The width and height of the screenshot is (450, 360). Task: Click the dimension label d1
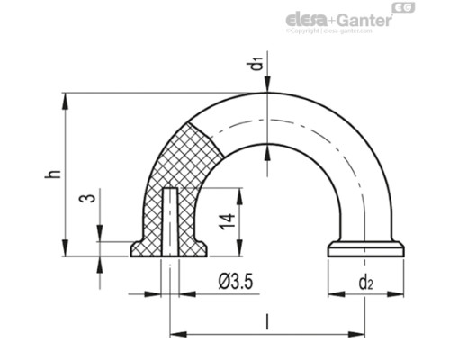(x=257, y=64)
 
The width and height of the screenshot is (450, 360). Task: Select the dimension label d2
(x=364, y=283)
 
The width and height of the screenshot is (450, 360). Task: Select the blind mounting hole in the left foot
(x=169, y=220)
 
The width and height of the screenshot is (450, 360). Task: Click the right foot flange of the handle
(x=364, y=248)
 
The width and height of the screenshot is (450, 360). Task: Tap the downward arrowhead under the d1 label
(x=267, y=86)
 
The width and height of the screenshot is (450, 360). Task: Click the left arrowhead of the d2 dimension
(x=334, y=294)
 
